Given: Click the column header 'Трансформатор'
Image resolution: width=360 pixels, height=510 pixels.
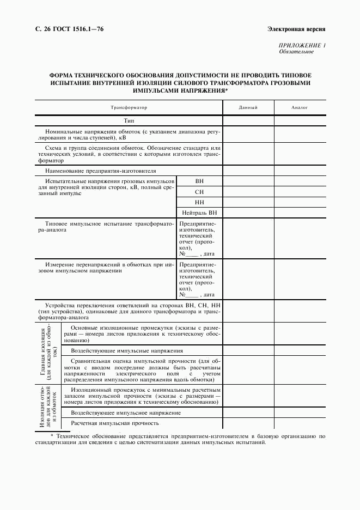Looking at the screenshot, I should point(129,108).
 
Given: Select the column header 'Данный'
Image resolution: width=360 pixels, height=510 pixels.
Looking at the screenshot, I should point(248,108).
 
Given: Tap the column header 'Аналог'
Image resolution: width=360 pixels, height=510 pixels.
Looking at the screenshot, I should point(300,108).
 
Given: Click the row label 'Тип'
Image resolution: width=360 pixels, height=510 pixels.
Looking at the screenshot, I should point(129,120).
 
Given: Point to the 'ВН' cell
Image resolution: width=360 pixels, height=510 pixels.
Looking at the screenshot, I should point(199,181).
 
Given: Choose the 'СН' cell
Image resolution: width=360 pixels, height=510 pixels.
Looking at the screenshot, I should point(199,191).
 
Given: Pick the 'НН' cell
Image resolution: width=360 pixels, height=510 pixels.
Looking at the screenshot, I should point(199,202).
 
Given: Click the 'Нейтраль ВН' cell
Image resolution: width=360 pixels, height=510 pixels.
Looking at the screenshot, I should point(199,212).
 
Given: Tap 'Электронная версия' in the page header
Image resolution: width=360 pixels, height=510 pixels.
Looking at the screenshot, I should point(296,28).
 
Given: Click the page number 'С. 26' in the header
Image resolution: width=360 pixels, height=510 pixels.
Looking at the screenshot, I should point(42,28).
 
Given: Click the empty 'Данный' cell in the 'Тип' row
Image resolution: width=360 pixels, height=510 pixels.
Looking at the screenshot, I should point(248,120).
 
